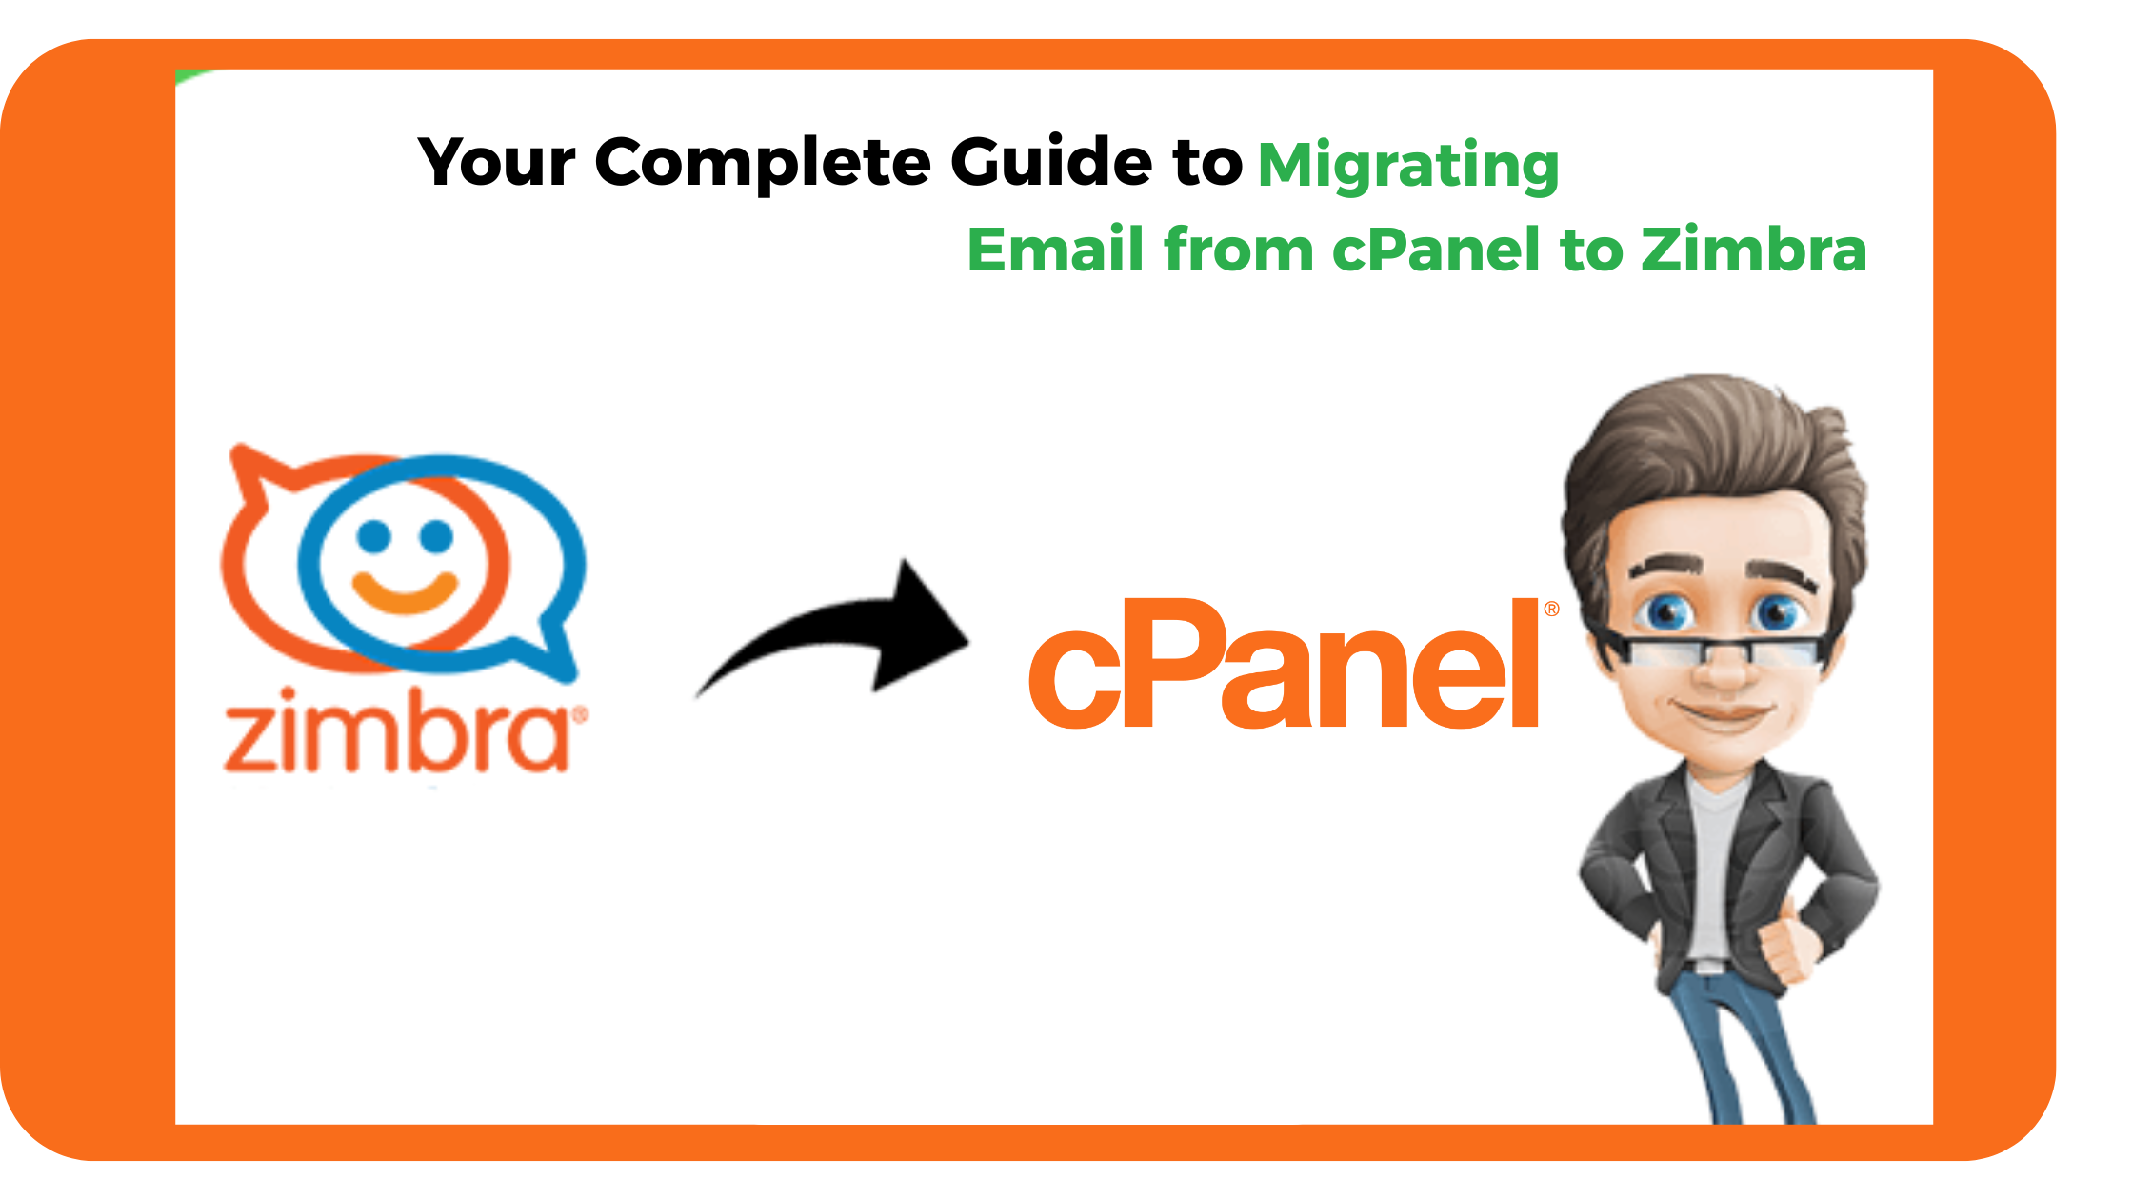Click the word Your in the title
click(x=497, y=162)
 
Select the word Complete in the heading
click(x=763, y=163)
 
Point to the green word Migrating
click(x=1408, y=166)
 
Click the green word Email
click(x=1055, y=250)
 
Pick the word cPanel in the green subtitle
click(x=1436, y=250)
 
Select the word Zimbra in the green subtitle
click(x=1753, y=250)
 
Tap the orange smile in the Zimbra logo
click(x=405, y=591)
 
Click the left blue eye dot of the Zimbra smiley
click(x=374, y=536)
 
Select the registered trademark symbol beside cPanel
click(x=1551, y=609)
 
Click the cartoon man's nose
click(x=1724, y=667)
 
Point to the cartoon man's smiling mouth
click(x=1724, y=712)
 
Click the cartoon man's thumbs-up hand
click(x=1785, y=943)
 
